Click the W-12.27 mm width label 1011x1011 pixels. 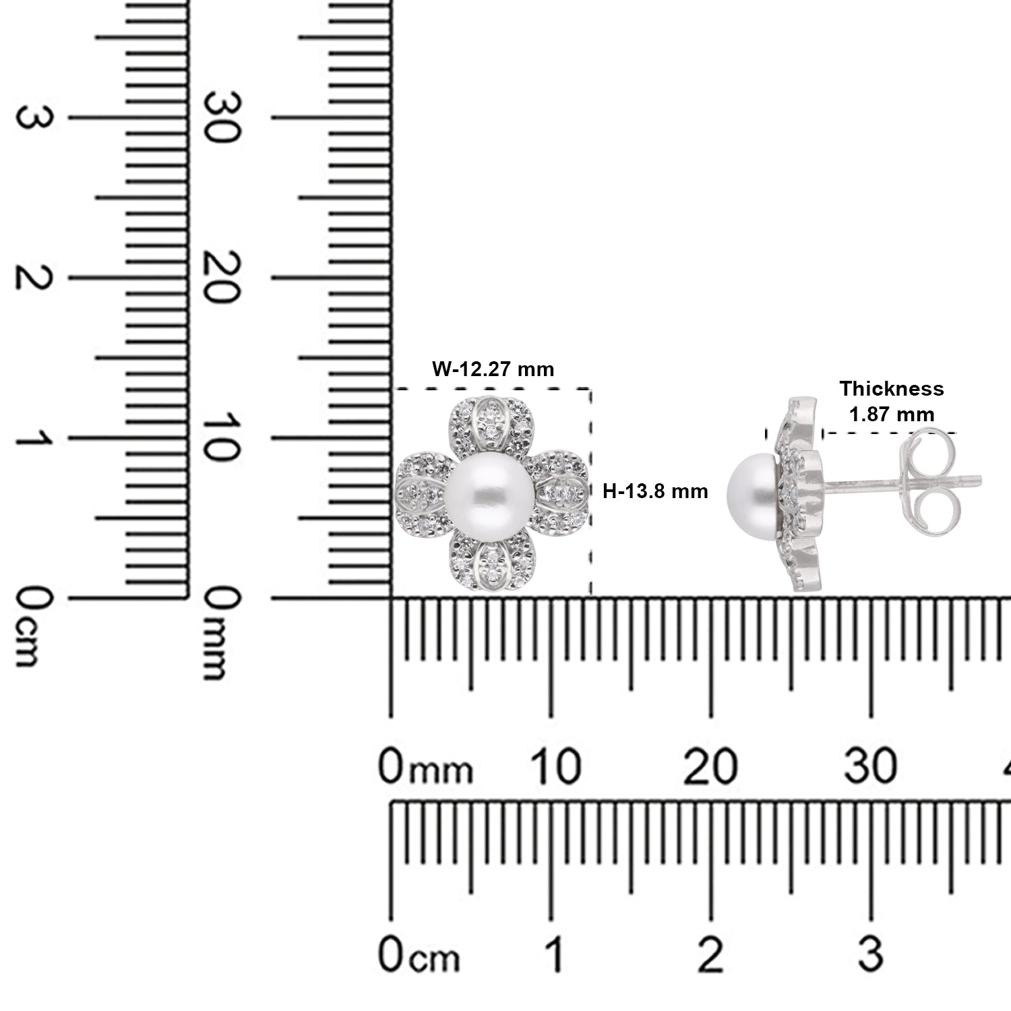[493, 369]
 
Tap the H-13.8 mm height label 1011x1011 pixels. [655, 491]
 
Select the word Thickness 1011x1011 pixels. [892, 389]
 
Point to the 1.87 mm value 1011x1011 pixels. [892, 414]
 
